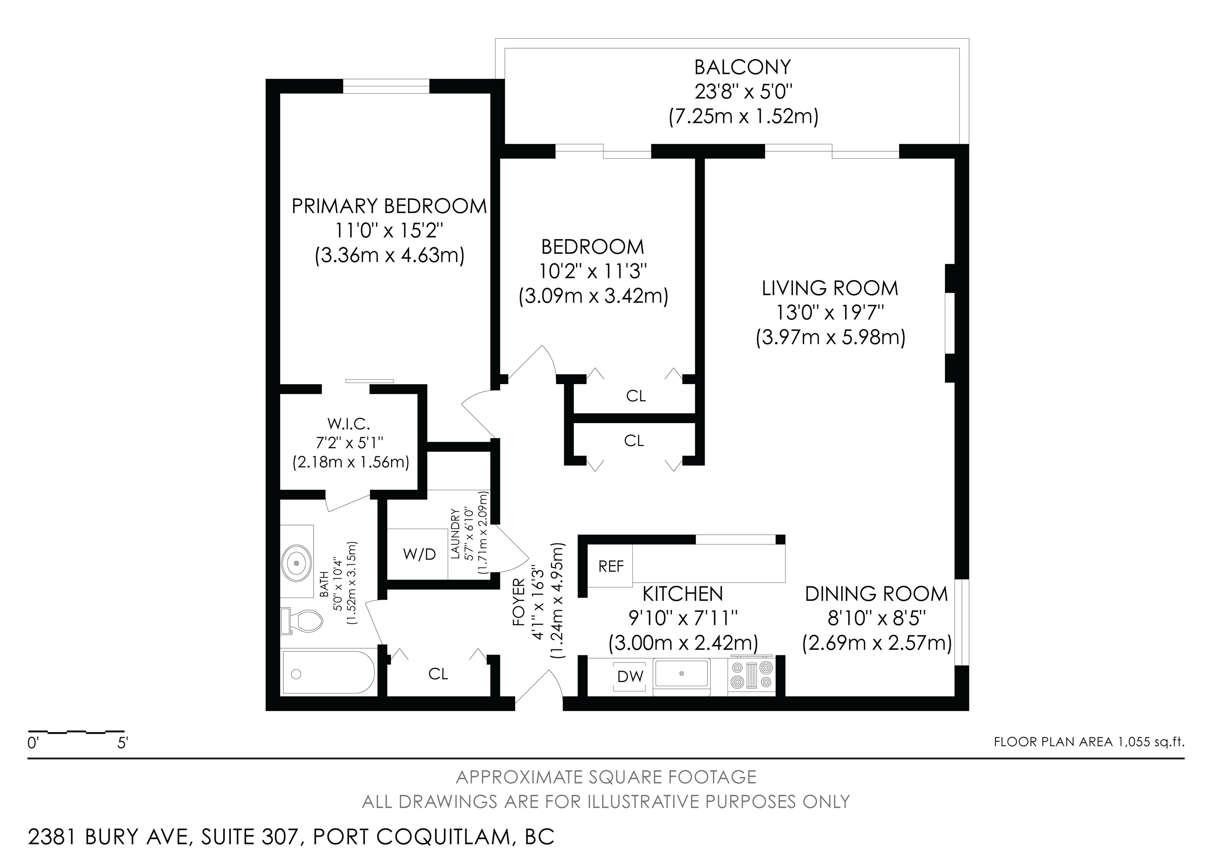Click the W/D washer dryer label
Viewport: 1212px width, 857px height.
(x=420, y=555)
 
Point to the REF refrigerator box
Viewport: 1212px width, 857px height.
(x=611, y=566)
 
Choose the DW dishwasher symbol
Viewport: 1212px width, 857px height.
(x=631, y=677)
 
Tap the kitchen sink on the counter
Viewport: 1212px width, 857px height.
(x=681, y=675)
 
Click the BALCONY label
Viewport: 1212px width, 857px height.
(x=743, y=68)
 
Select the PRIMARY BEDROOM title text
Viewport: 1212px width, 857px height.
(x=389, y=206)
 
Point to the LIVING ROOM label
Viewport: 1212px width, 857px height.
(x=830, y=288)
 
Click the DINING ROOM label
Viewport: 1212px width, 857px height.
(x=876, y=594)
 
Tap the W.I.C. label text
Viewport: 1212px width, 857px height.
(x=349, y=424)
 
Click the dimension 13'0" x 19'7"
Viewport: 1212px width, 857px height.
(x=830, y=313)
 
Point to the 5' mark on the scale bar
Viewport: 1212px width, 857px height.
(x=122, y=743)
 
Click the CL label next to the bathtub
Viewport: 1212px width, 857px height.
(x=438, y=674)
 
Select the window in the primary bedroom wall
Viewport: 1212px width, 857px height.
(x=386, y=86)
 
